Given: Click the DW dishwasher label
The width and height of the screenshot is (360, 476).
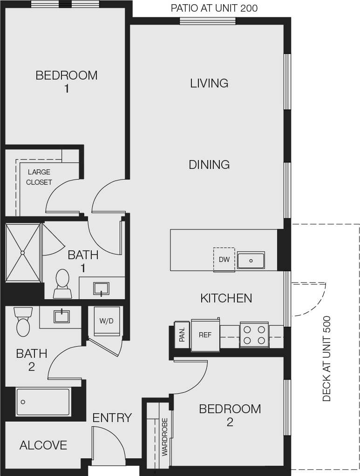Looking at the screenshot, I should [224, 260].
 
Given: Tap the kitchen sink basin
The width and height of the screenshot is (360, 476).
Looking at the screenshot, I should [251, 261].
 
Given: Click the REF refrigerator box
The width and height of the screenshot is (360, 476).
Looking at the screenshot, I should [205, 334].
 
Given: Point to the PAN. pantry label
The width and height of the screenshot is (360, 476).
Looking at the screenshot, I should [182, 334].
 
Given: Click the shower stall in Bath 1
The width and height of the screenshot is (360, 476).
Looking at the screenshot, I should [23, 253].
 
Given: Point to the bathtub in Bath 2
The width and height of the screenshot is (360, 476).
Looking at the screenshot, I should [43, 402].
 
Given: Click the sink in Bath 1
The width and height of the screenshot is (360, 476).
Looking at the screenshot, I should [101, 288].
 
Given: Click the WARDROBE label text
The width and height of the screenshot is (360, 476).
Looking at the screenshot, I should [165, 436].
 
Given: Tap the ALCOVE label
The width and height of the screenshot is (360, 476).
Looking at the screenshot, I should [43, 445].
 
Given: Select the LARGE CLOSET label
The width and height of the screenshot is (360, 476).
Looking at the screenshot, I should [39, 177].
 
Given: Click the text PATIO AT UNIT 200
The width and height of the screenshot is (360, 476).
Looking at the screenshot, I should [214, 8].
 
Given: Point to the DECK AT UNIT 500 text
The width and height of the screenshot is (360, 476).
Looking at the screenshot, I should [326, 358].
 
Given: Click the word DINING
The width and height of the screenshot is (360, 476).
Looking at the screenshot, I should [209, 164].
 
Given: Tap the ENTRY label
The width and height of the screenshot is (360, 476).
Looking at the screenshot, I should [112, 418].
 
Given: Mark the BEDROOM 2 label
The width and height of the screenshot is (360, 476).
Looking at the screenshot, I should [230, 415].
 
